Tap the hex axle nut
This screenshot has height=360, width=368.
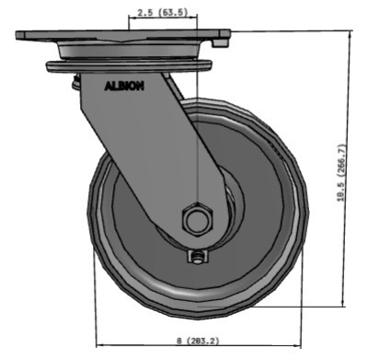tap(196, 221)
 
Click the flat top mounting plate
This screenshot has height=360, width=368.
tap(120, 37)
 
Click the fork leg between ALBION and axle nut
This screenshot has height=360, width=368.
tap(152, 152)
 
